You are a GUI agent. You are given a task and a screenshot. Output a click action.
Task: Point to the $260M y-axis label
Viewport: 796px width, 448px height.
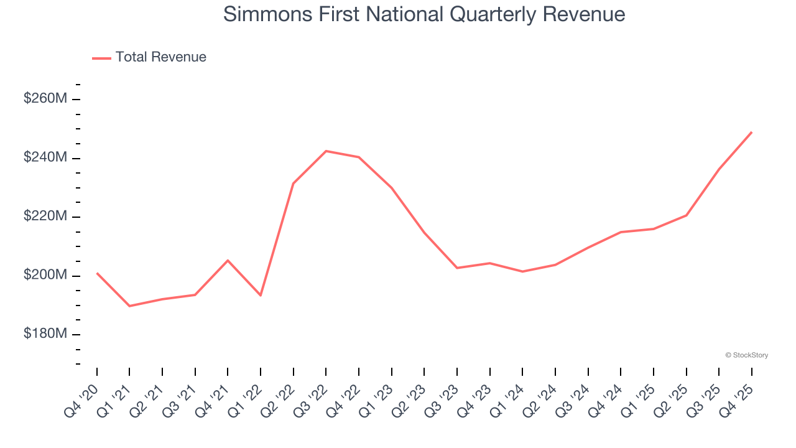pos(45,99)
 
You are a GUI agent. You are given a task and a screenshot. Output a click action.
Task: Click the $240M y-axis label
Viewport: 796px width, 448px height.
pos(45,158)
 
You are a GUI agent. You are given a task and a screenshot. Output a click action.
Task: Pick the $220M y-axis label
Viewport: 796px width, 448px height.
pos(45,217)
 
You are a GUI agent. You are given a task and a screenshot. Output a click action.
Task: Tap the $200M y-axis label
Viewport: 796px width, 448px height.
pos(45,276)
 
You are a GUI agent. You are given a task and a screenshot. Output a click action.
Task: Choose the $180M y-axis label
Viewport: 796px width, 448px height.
pos(45,334)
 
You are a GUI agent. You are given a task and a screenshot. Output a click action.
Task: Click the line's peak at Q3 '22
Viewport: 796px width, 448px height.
pos(326,151)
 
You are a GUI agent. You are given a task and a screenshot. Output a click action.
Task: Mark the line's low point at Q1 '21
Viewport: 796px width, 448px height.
pos(129,306)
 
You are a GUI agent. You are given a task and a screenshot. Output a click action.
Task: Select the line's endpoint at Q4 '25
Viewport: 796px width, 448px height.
pos(751,132)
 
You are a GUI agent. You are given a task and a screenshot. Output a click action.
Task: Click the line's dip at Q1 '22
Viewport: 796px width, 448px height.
pos(261,295)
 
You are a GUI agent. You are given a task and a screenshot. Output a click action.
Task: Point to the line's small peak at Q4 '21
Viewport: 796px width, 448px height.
pos(228,260)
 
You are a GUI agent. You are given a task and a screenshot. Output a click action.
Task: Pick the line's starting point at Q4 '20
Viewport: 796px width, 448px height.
pos(97,273)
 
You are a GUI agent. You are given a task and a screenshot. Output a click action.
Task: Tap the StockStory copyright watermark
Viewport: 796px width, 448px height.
pos(746,355)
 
